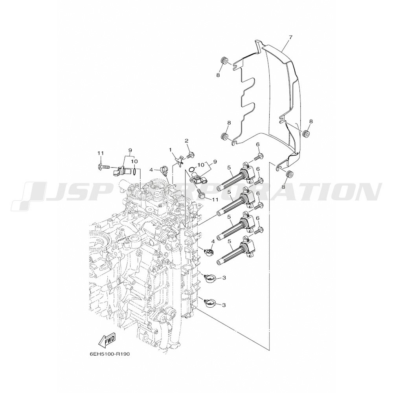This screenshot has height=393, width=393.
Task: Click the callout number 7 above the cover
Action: point(290,37)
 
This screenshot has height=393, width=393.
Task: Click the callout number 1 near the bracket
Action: point(171,150)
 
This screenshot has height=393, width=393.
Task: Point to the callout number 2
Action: point(186,141)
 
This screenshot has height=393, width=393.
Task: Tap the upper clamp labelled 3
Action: point(209,279)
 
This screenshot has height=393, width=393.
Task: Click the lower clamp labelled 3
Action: point(209,303)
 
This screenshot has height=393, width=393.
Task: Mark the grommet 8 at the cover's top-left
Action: point(224,61)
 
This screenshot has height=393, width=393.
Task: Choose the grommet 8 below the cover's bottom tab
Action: point(290,174)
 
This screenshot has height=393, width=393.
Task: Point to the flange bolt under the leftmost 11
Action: point(103,166)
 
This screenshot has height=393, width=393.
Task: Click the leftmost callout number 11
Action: point(101,153)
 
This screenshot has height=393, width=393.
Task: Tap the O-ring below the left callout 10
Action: point(135,172)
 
